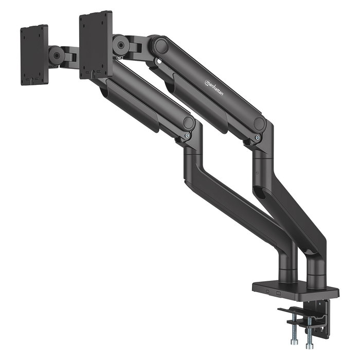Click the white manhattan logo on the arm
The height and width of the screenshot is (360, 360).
[x=213, y=88]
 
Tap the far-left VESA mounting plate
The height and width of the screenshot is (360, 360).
[x=34, y=55]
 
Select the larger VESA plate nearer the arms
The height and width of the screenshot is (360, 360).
[x=96, y=45]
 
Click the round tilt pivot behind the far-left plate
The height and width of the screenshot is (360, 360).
[x=56, y=56]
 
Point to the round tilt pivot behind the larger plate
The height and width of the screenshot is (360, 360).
[x=121, y=45]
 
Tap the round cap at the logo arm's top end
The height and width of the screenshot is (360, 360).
[x=161, y=46]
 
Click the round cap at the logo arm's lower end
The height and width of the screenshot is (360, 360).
[x=260, y=124]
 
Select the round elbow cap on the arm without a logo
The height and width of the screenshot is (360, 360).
[x=189, y=122]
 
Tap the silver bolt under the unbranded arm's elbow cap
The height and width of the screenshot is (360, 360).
[x=187, y=135]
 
